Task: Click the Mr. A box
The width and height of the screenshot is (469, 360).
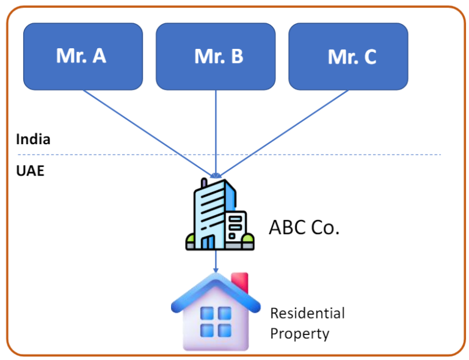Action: (x=82, y=56)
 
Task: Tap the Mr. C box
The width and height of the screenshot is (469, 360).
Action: (x=348, y=56)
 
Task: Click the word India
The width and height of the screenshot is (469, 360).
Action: (x=33, y=139)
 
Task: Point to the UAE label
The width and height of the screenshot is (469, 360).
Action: (x=30, y=171)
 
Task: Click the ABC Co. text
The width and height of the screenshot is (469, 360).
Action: (x=304, y=227)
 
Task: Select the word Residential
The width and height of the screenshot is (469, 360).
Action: (x=307, y=314)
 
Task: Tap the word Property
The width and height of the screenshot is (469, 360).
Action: (x=299, y=334)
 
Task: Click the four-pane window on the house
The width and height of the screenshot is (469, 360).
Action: (x=216, y=321)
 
